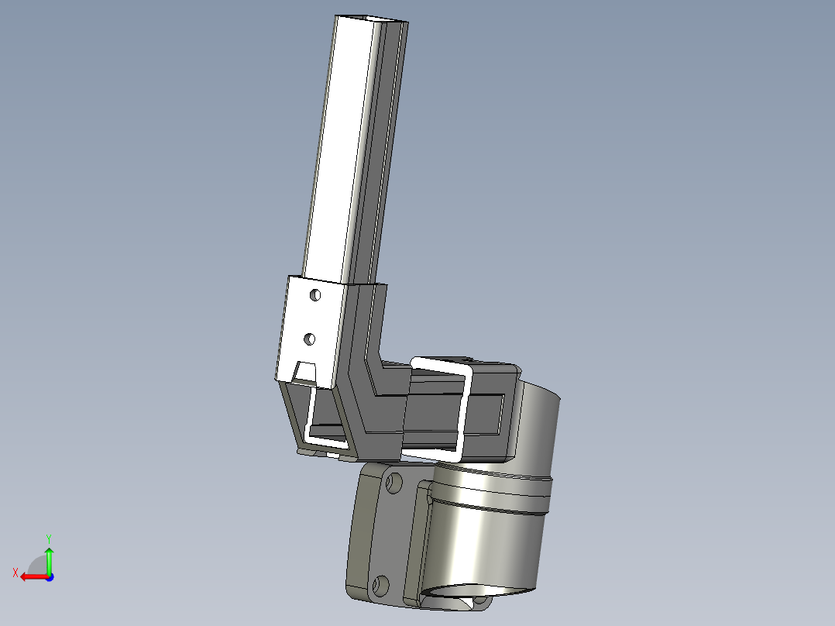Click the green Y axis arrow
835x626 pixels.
pyautogui.click(x=49, y=560)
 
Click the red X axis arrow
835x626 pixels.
pyautogui.click(x=34, y=577)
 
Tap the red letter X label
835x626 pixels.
pyautogui.click(x=15, y=573)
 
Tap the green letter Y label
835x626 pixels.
pyautogui.click(x=49, y=538)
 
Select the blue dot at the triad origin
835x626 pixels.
pyautogui.click(x=50, y=577)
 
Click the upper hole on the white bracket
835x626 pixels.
pyautogui.click(x=315, y=294)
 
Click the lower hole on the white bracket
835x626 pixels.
pyautogui.click(x=309, y=339)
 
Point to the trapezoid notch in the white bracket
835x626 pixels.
pyautogui.click(x=306, y=371)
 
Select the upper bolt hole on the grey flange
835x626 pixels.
pyautogui.click(x=393, y=483)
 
